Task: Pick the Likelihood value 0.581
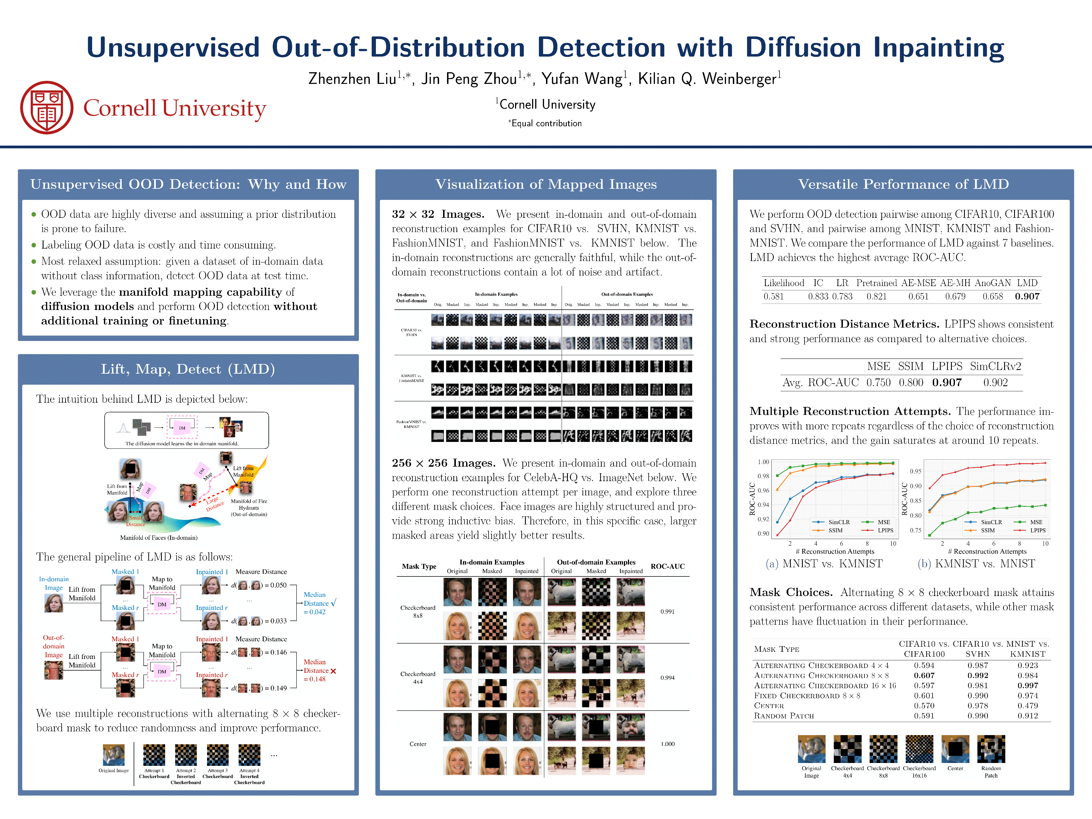[773, 297]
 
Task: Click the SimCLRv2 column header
[995, 366]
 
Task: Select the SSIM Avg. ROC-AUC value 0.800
[911, 382]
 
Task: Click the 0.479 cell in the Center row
[1027, 706]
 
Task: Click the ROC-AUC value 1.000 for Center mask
[667, 744]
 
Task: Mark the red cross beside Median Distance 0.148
[333, 671]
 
